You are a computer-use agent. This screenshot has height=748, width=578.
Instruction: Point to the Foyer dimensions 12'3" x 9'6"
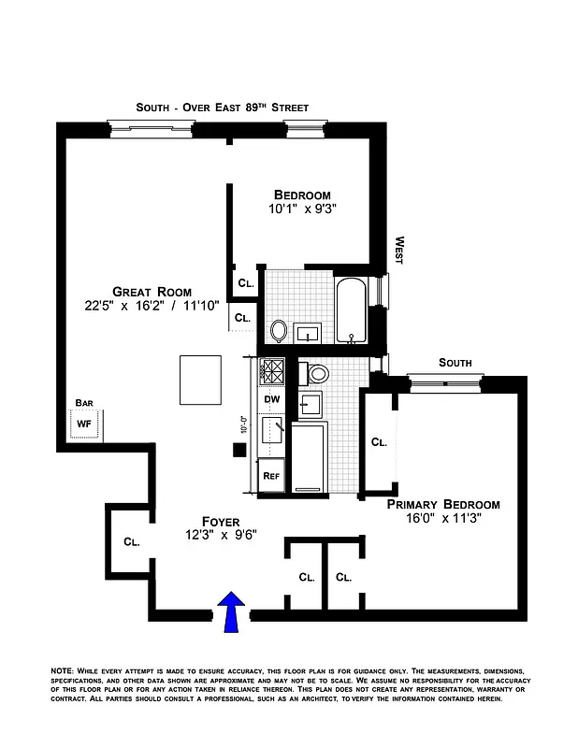coord(221,536)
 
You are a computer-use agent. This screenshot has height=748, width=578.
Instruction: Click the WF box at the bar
coord(84,424)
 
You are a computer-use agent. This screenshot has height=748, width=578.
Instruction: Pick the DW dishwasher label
coord(272,399)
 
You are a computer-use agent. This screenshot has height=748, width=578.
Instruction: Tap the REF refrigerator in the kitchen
coord(271,476)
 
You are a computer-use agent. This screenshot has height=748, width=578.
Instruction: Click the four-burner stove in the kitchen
coord(272,371)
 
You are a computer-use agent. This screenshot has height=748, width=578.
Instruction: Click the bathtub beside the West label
coord(353,310)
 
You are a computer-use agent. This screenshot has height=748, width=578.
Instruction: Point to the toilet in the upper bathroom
coord(279,330)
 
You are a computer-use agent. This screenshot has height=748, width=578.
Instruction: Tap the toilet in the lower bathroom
coord(318,374)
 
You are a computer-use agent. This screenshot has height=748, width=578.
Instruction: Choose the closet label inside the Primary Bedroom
coord(379,442)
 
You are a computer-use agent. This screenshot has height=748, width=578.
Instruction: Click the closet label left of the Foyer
coord(131,541)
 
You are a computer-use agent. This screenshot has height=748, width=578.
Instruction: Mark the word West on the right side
coord(398,250)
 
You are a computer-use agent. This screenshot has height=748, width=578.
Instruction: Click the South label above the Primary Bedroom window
coord(455,363)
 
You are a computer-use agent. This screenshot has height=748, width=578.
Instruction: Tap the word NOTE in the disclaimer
coord(63,672)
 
